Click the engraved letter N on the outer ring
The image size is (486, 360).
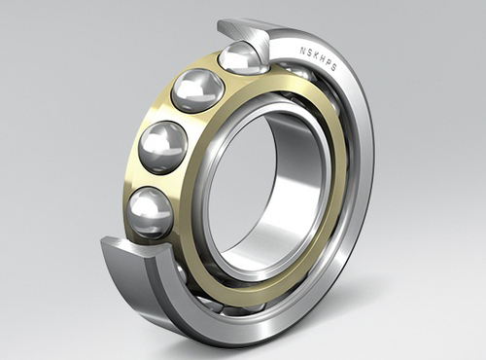(302, 51)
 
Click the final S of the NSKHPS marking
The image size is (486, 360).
(334, 68)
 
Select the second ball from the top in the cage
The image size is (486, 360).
(197, 90)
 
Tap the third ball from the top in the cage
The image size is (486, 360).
(164, 147)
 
